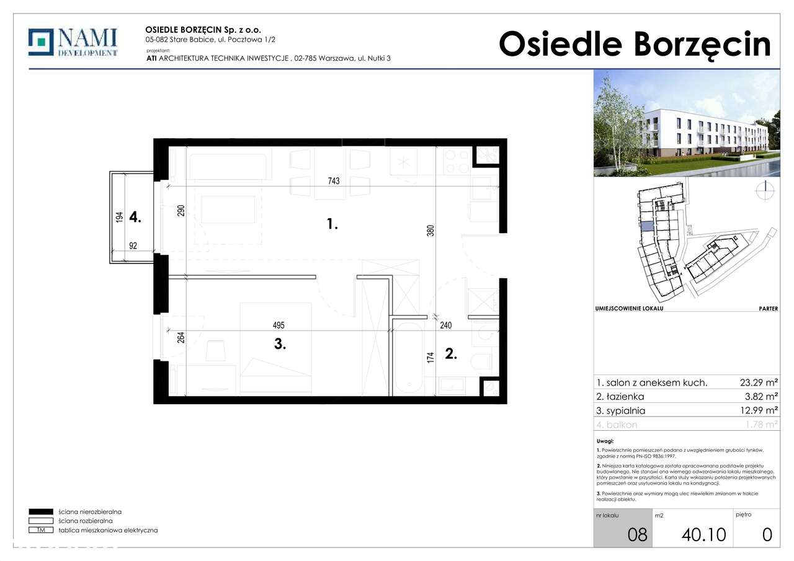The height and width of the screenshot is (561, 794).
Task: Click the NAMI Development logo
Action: coord(73,43)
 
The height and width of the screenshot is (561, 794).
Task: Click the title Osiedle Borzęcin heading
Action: coord(635,45)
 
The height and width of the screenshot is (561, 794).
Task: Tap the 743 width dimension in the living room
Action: coord(333,180)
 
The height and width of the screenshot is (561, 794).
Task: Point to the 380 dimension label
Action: coord(430,231)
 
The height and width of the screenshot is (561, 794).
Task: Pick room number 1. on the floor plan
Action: coord(332,225)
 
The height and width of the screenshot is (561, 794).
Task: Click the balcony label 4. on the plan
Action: coord(136,217)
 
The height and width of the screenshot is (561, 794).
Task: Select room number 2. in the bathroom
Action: coord(451,355)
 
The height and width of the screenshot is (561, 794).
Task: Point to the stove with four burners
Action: coord(457,162)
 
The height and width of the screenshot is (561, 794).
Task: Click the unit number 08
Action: coord(636,534)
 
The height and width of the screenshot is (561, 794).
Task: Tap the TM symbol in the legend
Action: coord(42,530)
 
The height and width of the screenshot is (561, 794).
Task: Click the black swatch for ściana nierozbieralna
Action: coord(42,512)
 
